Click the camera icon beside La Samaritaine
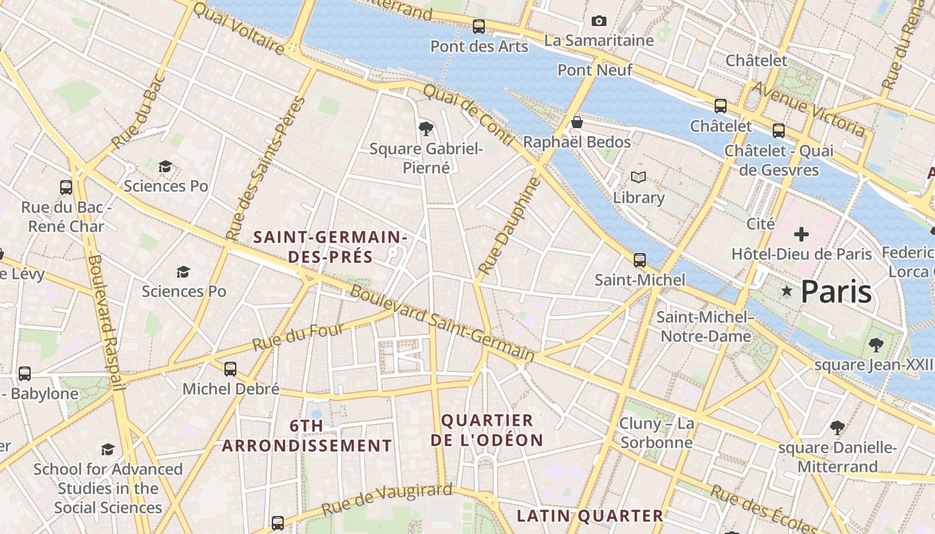(599, 21)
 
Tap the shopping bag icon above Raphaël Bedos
(577, 123)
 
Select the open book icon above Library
(638, 178)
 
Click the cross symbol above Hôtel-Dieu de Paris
(801, 234)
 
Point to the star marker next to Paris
(787, 291)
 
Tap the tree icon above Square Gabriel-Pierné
(425, 128)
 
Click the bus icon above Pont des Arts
(479, 27)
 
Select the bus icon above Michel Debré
(230, 368)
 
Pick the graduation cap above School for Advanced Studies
(108, 449)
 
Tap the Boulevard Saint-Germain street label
(442, 323)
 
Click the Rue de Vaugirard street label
(387, 499)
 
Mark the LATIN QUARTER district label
(590, 515)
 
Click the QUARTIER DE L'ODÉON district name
(487, 430)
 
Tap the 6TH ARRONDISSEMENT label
(307, 436)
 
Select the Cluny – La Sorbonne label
(657, 433)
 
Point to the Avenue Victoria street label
(809, 108)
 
